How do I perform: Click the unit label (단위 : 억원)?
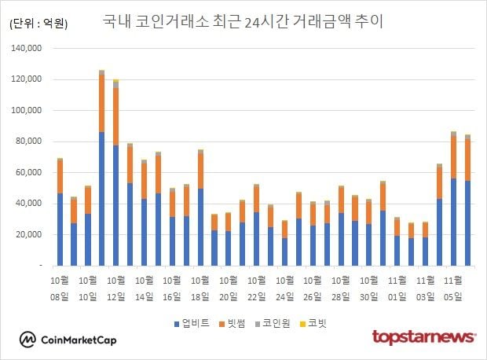pos(38,24)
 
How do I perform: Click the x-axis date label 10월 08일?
pos(60,287)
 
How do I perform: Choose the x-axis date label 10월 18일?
pos(200,287)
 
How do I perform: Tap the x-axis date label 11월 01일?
pos(397,287)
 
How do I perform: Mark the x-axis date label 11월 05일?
pos(454,287)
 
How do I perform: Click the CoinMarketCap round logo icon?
pos(28,340)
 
